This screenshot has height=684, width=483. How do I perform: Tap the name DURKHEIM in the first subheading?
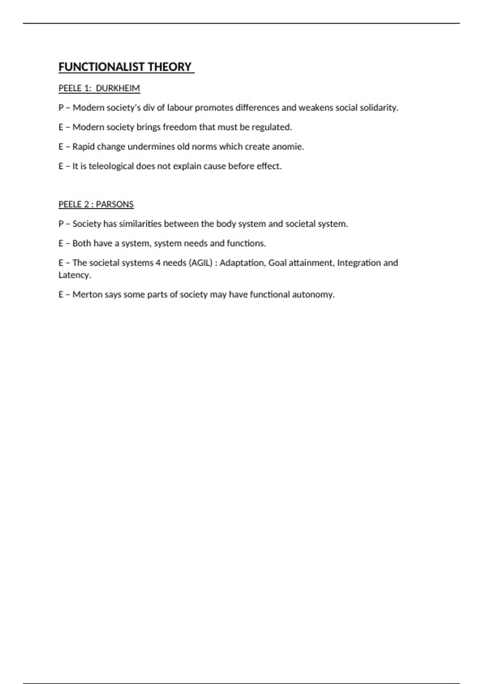(118, 88)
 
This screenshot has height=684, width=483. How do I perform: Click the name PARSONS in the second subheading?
(115, 204)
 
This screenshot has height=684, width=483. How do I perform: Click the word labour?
(180, 108)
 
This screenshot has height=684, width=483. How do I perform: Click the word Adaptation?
(242, 263)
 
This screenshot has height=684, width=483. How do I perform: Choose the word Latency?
(74, 275)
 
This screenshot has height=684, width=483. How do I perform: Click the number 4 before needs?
(158, 263)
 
